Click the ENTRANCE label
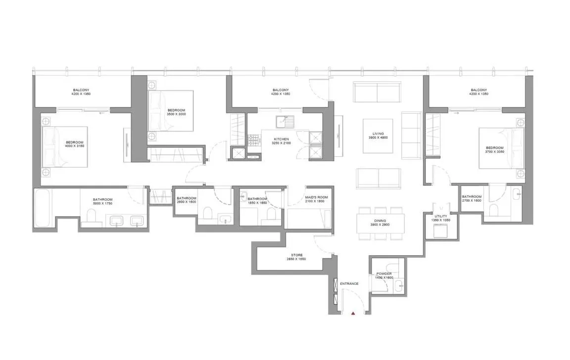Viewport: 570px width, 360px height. tap(349, 283)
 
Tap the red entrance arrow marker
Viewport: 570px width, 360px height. tap(353, 313)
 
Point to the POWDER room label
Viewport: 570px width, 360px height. tap(384, 273)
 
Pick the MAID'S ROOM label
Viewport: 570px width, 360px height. tap(316, 197)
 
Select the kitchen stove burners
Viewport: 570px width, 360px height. tap(254, 141)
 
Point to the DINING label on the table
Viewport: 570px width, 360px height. tap(380, 221)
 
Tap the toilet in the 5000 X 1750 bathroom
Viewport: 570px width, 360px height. tap(91, 217)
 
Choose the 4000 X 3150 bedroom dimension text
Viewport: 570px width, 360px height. tap(75, 147)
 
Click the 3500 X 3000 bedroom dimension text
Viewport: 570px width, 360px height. tap(176, 114)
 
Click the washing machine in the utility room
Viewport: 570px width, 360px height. tap(439, 231)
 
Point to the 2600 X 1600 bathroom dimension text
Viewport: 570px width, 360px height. tap(187, 202)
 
